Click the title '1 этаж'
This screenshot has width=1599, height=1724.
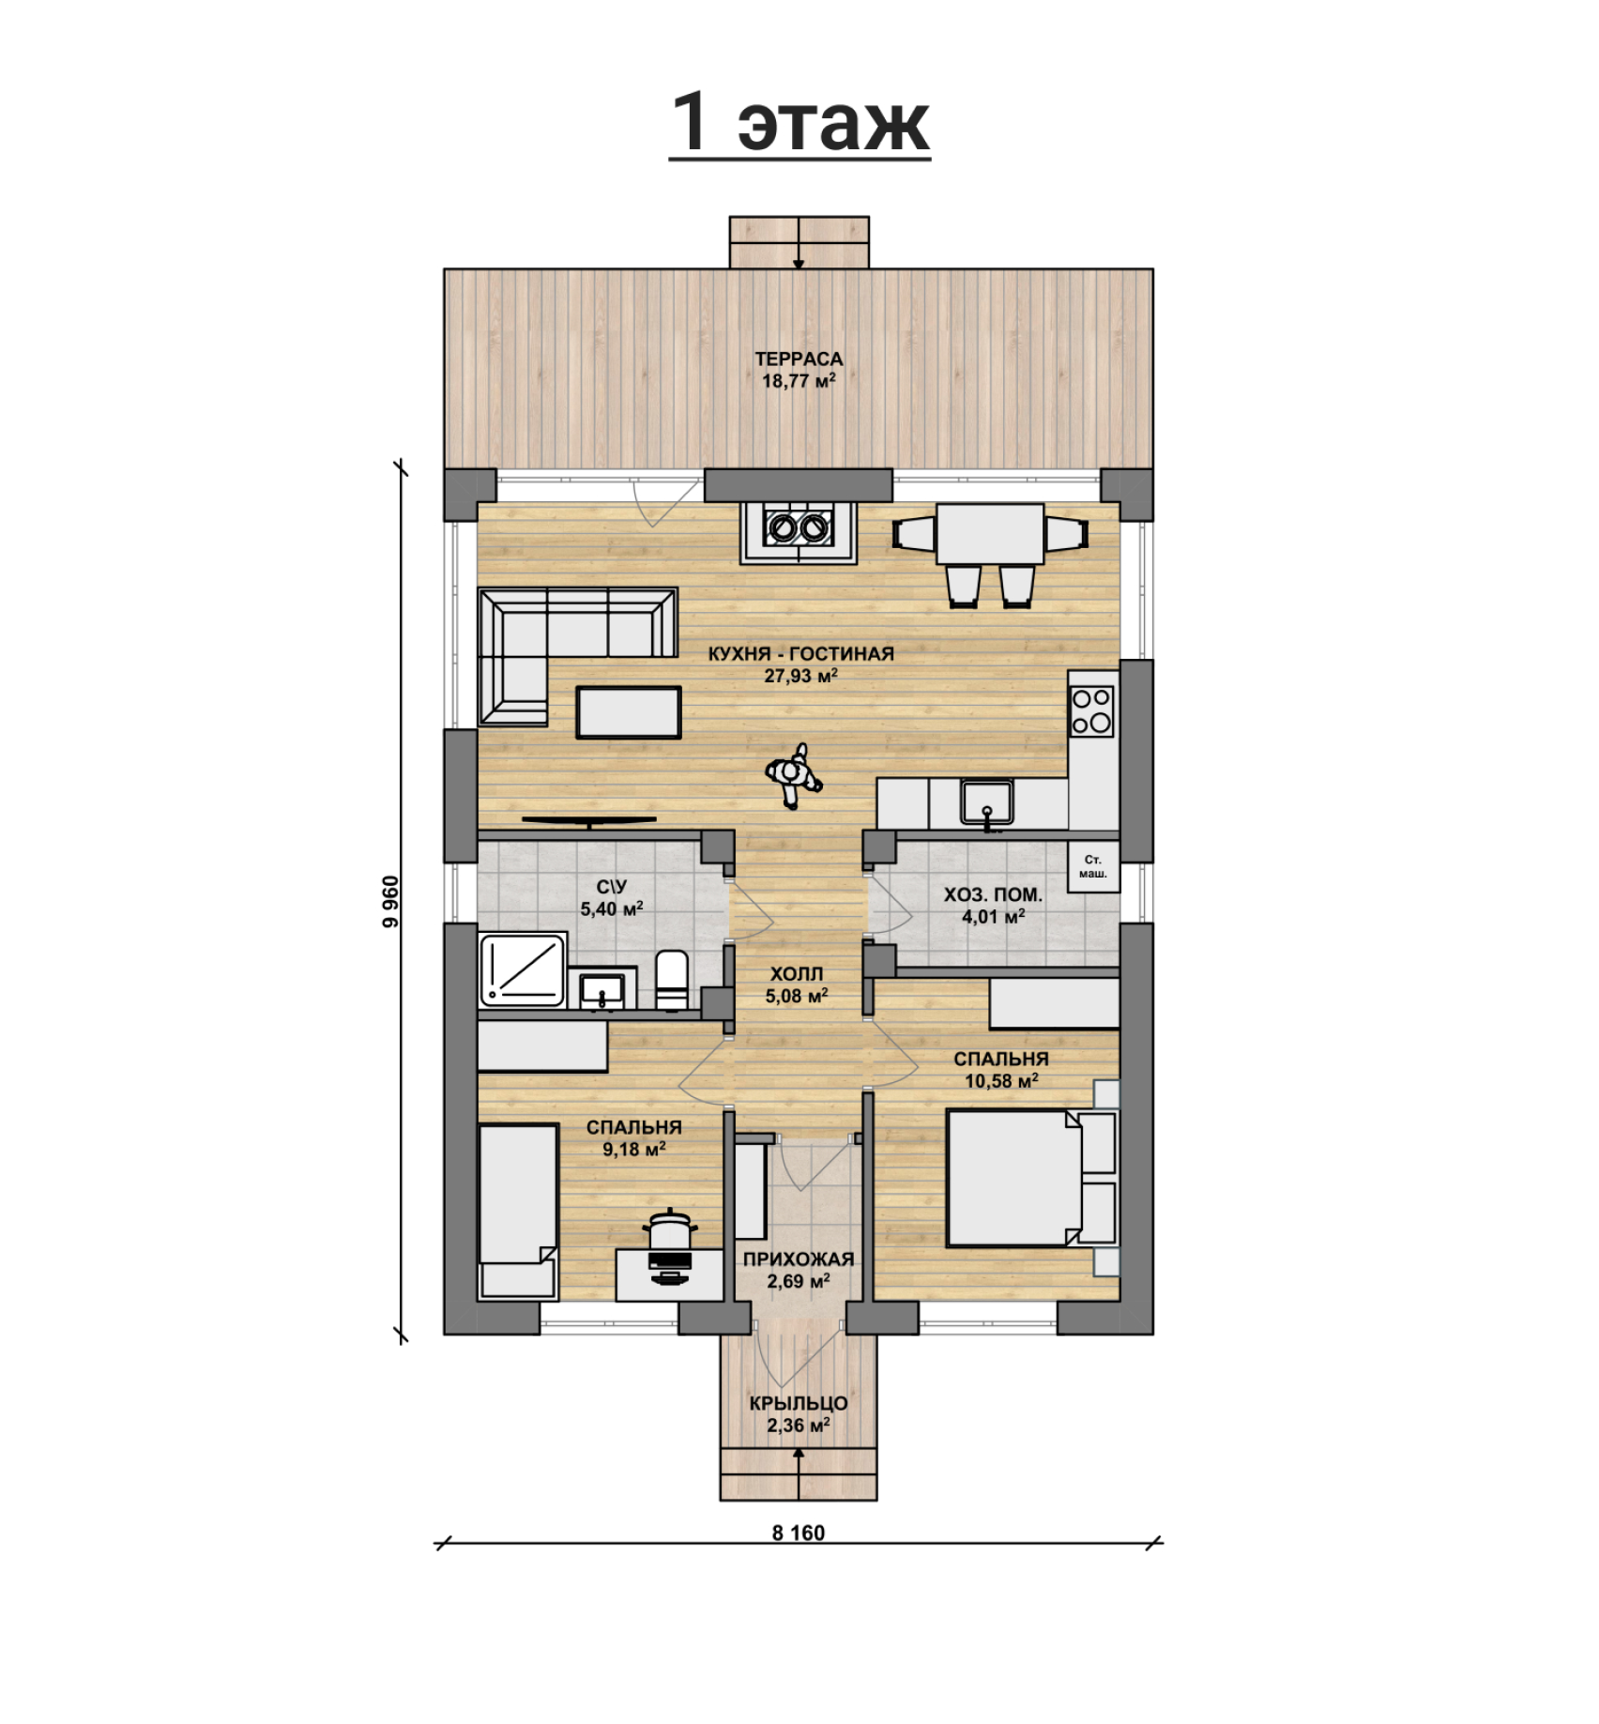(799, 123)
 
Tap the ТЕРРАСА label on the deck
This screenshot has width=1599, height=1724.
(799, 359)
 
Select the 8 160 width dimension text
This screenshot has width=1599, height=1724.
(799, 1533)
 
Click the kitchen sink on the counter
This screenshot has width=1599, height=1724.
(986, 803)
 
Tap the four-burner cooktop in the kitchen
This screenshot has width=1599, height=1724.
(1092, 710)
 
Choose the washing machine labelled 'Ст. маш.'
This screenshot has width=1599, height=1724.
(1093, 865)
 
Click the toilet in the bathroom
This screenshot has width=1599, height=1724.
(670, 980)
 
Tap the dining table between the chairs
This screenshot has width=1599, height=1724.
(990, 533)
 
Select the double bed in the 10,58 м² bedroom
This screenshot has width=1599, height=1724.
(1030, 1178)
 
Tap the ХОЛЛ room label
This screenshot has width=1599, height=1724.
(796, 974)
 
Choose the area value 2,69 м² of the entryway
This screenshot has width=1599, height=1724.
(798, 1281)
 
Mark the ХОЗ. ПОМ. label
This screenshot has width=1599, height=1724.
(993, 894)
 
